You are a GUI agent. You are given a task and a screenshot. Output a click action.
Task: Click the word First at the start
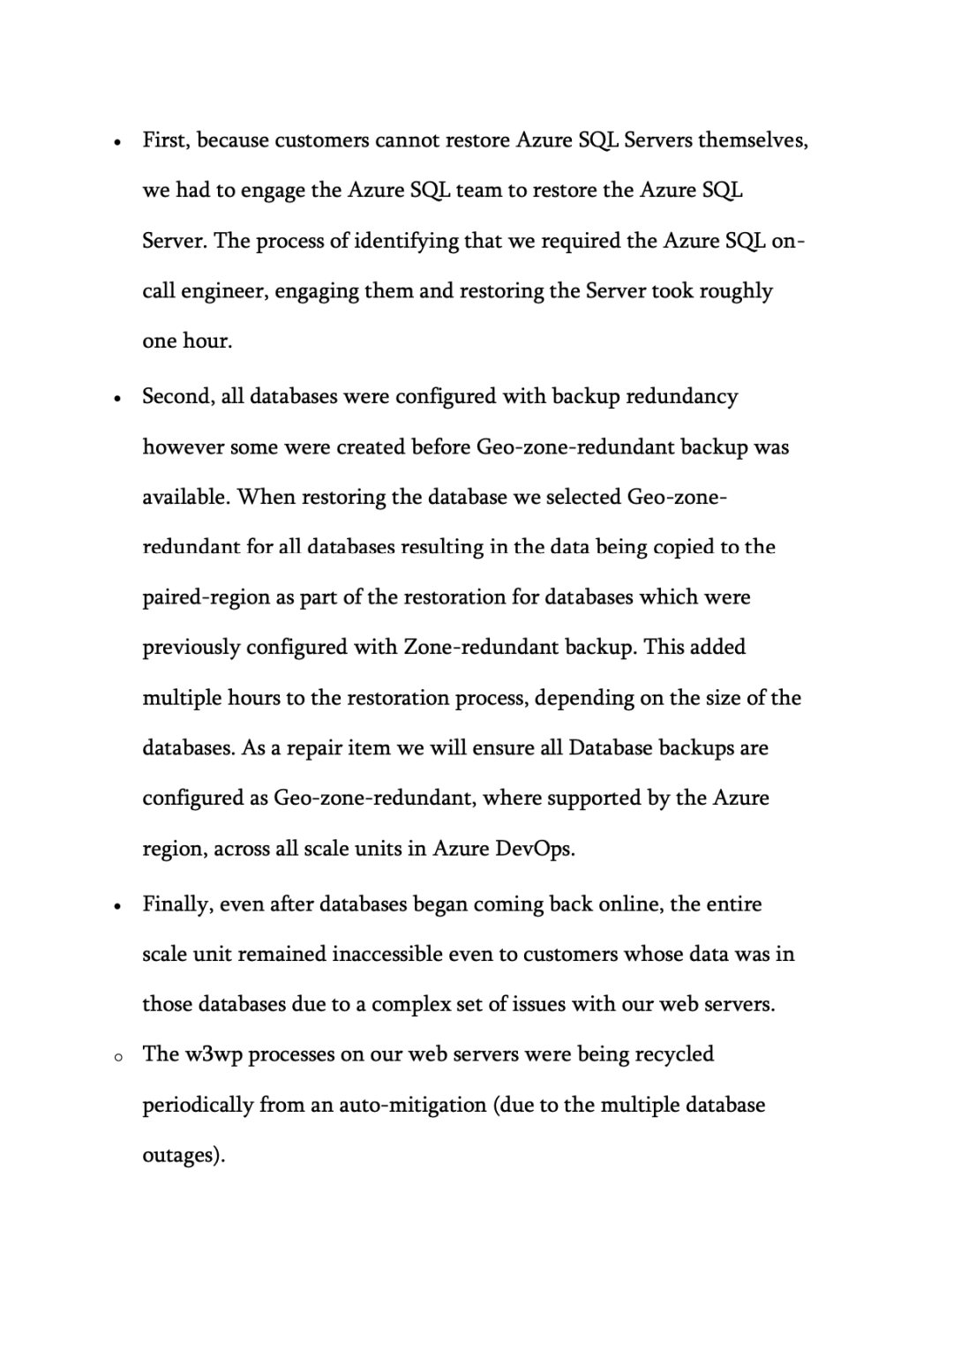[x=166, y=140]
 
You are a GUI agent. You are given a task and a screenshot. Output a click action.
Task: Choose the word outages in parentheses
[x=183, y=1155]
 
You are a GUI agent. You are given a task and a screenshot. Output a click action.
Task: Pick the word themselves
[x=752, y=140]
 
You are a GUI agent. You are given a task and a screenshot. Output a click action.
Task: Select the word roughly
[x=736, y=291]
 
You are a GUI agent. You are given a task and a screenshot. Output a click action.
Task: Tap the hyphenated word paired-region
[x=206, y=597]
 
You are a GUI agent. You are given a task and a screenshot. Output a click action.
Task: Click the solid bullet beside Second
[x=116, y=399]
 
